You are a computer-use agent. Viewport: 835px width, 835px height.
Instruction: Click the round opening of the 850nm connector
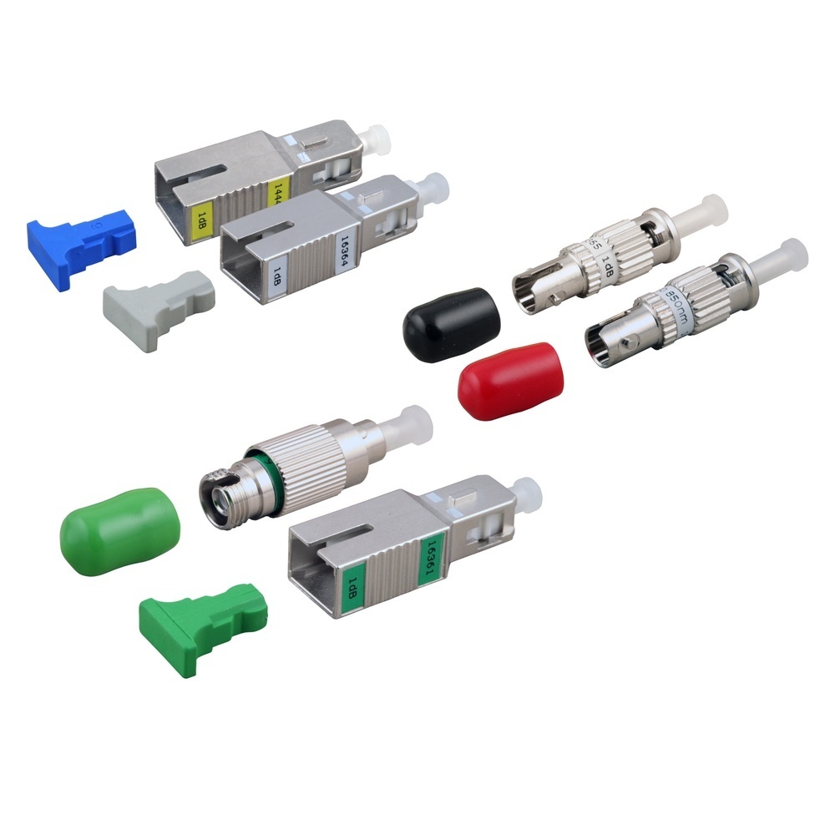[x=604, y=345]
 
